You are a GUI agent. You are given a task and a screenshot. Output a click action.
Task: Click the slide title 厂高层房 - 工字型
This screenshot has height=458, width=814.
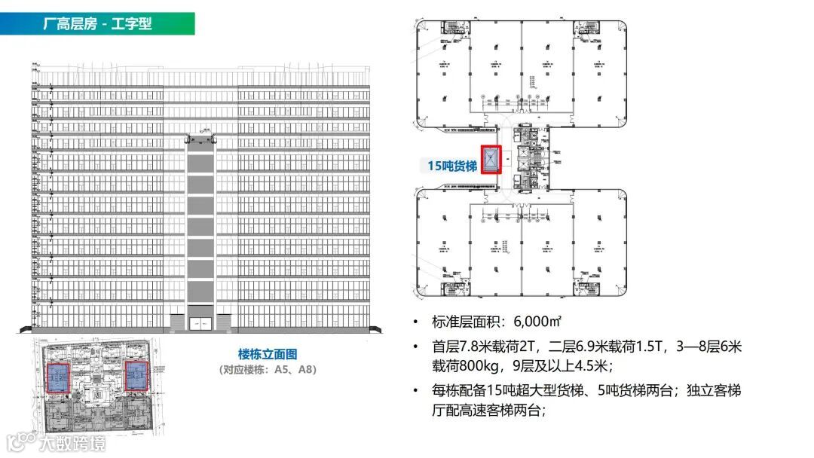[98, 23]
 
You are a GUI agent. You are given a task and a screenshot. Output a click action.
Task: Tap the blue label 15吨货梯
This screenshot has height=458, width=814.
[452, 166]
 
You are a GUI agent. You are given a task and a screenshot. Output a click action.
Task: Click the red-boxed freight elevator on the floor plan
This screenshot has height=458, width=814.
[491, 160]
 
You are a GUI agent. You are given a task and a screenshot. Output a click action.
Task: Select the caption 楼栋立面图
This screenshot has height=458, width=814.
[268, 355]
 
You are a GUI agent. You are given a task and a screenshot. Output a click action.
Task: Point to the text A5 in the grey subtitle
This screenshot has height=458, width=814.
[285, 370]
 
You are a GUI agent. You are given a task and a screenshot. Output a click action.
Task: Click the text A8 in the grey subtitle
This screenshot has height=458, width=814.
[306, 370]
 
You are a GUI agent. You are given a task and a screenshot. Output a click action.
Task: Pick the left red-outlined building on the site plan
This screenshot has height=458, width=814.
[58, 377]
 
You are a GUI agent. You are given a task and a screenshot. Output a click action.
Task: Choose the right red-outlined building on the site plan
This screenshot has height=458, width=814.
[136, 375]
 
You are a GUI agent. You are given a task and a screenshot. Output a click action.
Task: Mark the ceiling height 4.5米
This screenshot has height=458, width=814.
[586, 366]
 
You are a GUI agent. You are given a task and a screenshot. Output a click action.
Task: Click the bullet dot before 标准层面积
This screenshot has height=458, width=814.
[416, 322]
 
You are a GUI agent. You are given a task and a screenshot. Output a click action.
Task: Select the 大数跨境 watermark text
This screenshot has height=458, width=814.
[73, 443]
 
